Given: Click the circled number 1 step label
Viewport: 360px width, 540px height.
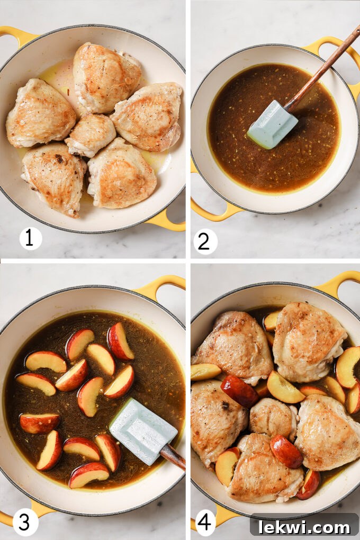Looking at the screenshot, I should coord(31,238).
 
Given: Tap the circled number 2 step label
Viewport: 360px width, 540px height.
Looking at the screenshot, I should coord(205,241).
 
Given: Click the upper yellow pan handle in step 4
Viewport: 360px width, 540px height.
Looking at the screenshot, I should coord(339,282).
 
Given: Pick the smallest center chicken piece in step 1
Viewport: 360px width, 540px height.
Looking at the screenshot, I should coord(91,134).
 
